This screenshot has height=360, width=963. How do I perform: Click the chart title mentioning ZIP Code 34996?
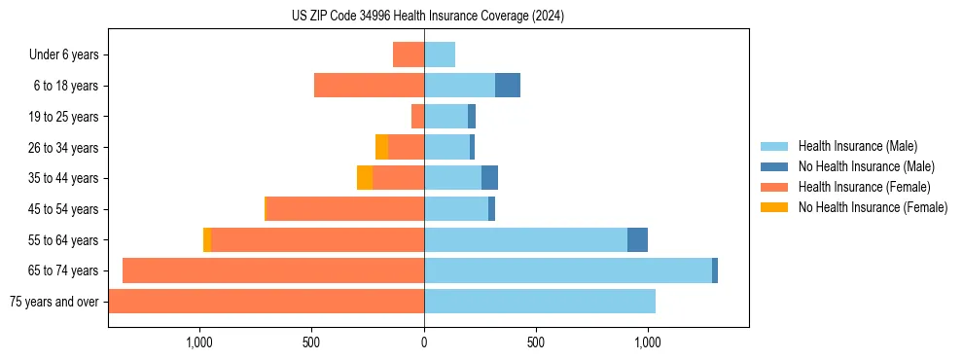pyautogui.click(x=427, y=16)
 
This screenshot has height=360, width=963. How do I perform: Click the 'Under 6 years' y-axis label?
pyautogui.click(x=64, y=55)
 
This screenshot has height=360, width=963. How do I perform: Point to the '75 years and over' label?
pyautogui.click(x=54, y=302)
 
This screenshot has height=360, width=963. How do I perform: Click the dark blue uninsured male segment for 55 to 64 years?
pyautogui.click(x=637, y=239)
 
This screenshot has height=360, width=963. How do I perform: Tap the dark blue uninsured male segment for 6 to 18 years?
pyautogui.click(x=508, y=86)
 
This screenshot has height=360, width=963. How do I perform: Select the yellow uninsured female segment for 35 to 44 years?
pyautogui.click(x=365, y=178)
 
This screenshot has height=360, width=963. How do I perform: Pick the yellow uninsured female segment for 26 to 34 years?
pyautogui.click(x=381, y=147)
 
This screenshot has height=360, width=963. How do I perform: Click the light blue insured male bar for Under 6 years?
pyautogui.click(x=440, y=54)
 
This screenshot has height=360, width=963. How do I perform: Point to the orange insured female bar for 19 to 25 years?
pyautogui.click(x=417, y=117)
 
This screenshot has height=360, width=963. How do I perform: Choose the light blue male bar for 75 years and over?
pyautogui.click(x=540, y=302)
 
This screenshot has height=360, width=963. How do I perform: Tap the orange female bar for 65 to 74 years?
pyautogui.click(x=273, y=270)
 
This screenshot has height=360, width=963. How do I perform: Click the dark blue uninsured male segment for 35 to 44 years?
pyautogui.click(x=489, y=178)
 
